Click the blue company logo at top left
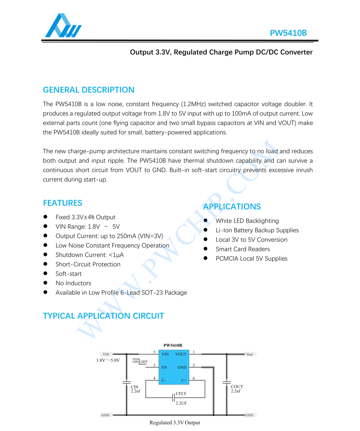pos(63,26)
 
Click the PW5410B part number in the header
pos(288,33)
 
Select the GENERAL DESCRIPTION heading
pos(89,90)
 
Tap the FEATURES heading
pos(62,203)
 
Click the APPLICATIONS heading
pos(232,207)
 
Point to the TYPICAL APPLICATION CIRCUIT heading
pos(103,316)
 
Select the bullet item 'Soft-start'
pos(69,274)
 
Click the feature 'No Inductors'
pos(73,283)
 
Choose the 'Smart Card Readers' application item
pos(243,249)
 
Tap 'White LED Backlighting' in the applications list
pos(247,221)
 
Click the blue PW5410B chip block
pos(174,367)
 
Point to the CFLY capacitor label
pos(181,394)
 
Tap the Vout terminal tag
pos(250,354)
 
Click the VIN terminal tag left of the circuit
pos(106,354)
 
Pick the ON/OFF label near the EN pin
pos(140,362)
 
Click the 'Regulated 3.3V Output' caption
pos(175,423)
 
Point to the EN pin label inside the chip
pos(164,367)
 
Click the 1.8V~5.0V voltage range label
pos(108,360)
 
